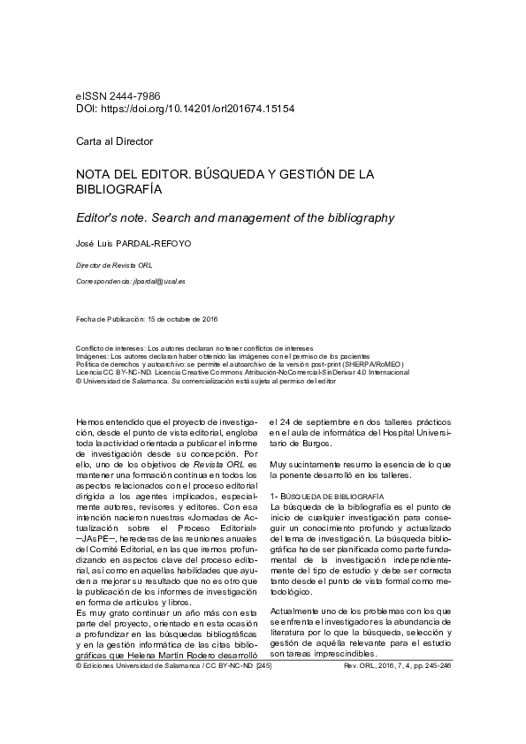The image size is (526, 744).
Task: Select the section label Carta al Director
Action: coord(114,141)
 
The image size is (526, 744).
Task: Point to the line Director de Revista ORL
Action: coord(113,265)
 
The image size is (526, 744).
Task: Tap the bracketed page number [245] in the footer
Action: coord(263,669)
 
